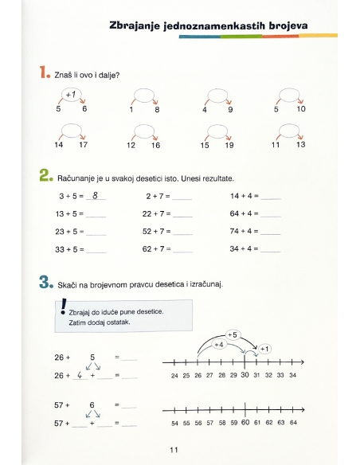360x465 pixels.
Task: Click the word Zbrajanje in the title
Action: [135, 26]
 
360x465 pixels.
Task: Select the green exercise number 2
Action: [45, 174]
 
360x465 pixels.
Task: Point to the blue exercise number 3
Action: [45, 282]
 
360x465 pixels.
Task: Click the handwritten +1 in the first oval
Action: [71, 96]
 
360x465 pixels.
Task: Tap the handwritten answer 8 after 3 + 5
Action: [95, 194]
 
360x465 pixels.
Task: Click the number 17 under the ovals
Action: [84, 145]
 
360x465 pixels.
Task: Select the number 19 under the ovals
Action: [229, 145]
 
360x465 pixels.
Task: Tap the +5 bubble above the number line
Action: [233, 334]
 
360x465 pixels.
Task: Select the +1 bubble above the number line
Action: [264, 349]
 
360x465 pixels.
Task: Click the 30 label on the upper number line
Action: [245, 374]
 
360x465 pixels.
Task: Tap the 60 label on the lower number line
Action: [245, 422]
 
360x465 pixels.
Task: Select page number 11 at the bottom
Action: [174, 451]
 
